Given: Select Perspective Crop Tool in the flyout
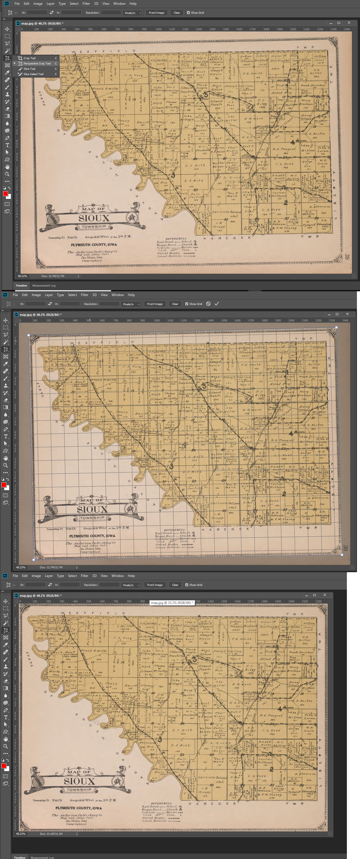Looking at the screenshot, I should click(x=37, y=63).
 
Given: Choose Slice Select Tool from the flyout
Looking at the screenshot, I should click(x=33, y=74).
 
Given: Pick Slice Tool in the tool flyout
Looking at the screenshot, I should click(x=29, y=69).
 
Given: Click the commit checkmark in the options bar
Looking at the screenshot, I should click(x=217, y=304).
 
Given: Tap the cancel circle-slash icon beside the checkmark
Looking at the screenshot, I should click(x=208, y=304).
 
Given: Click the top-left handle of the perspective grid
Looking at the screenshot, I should click(x=29, y=335).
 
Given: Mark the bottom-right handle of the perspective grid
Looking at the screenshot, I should click(x=342, y=555).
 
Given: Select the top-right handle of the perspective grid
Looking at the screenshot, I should click(x=336, y=328).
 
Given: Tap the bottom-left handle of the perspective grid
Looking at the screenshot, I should click(x=33, y=560).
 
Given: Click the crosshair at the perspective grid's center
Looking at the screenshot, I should click(x=185, y=444).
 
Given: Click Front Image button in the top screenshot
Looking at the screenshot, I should click(x=157, y=13).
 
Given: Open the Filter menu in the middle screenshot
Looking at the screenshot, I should click(x=84, y=295).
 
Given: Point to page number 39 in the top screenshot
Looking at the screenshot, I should click(x=347, y=257).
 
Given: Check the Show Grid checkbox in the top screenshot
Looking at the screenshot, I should click(x=188, y=13).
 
